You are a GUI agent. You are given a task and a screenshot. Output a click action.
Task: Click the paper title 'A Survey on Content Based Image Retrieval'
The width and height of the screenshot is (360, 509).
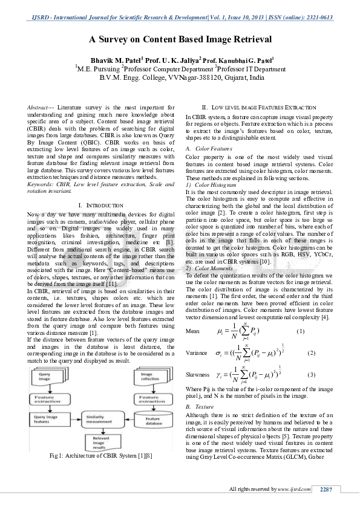180,39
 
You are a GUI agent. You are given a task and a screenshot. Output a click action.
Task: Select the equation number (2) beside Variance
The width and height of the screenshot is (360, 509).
312,352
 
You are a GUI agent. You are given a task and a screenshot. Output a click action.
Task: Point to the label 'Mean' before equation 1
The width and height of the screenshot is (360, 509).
192,331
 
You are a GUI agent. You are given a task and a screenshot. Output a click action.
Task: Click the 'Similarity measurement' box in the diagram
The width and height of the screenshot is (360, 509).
98,420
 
